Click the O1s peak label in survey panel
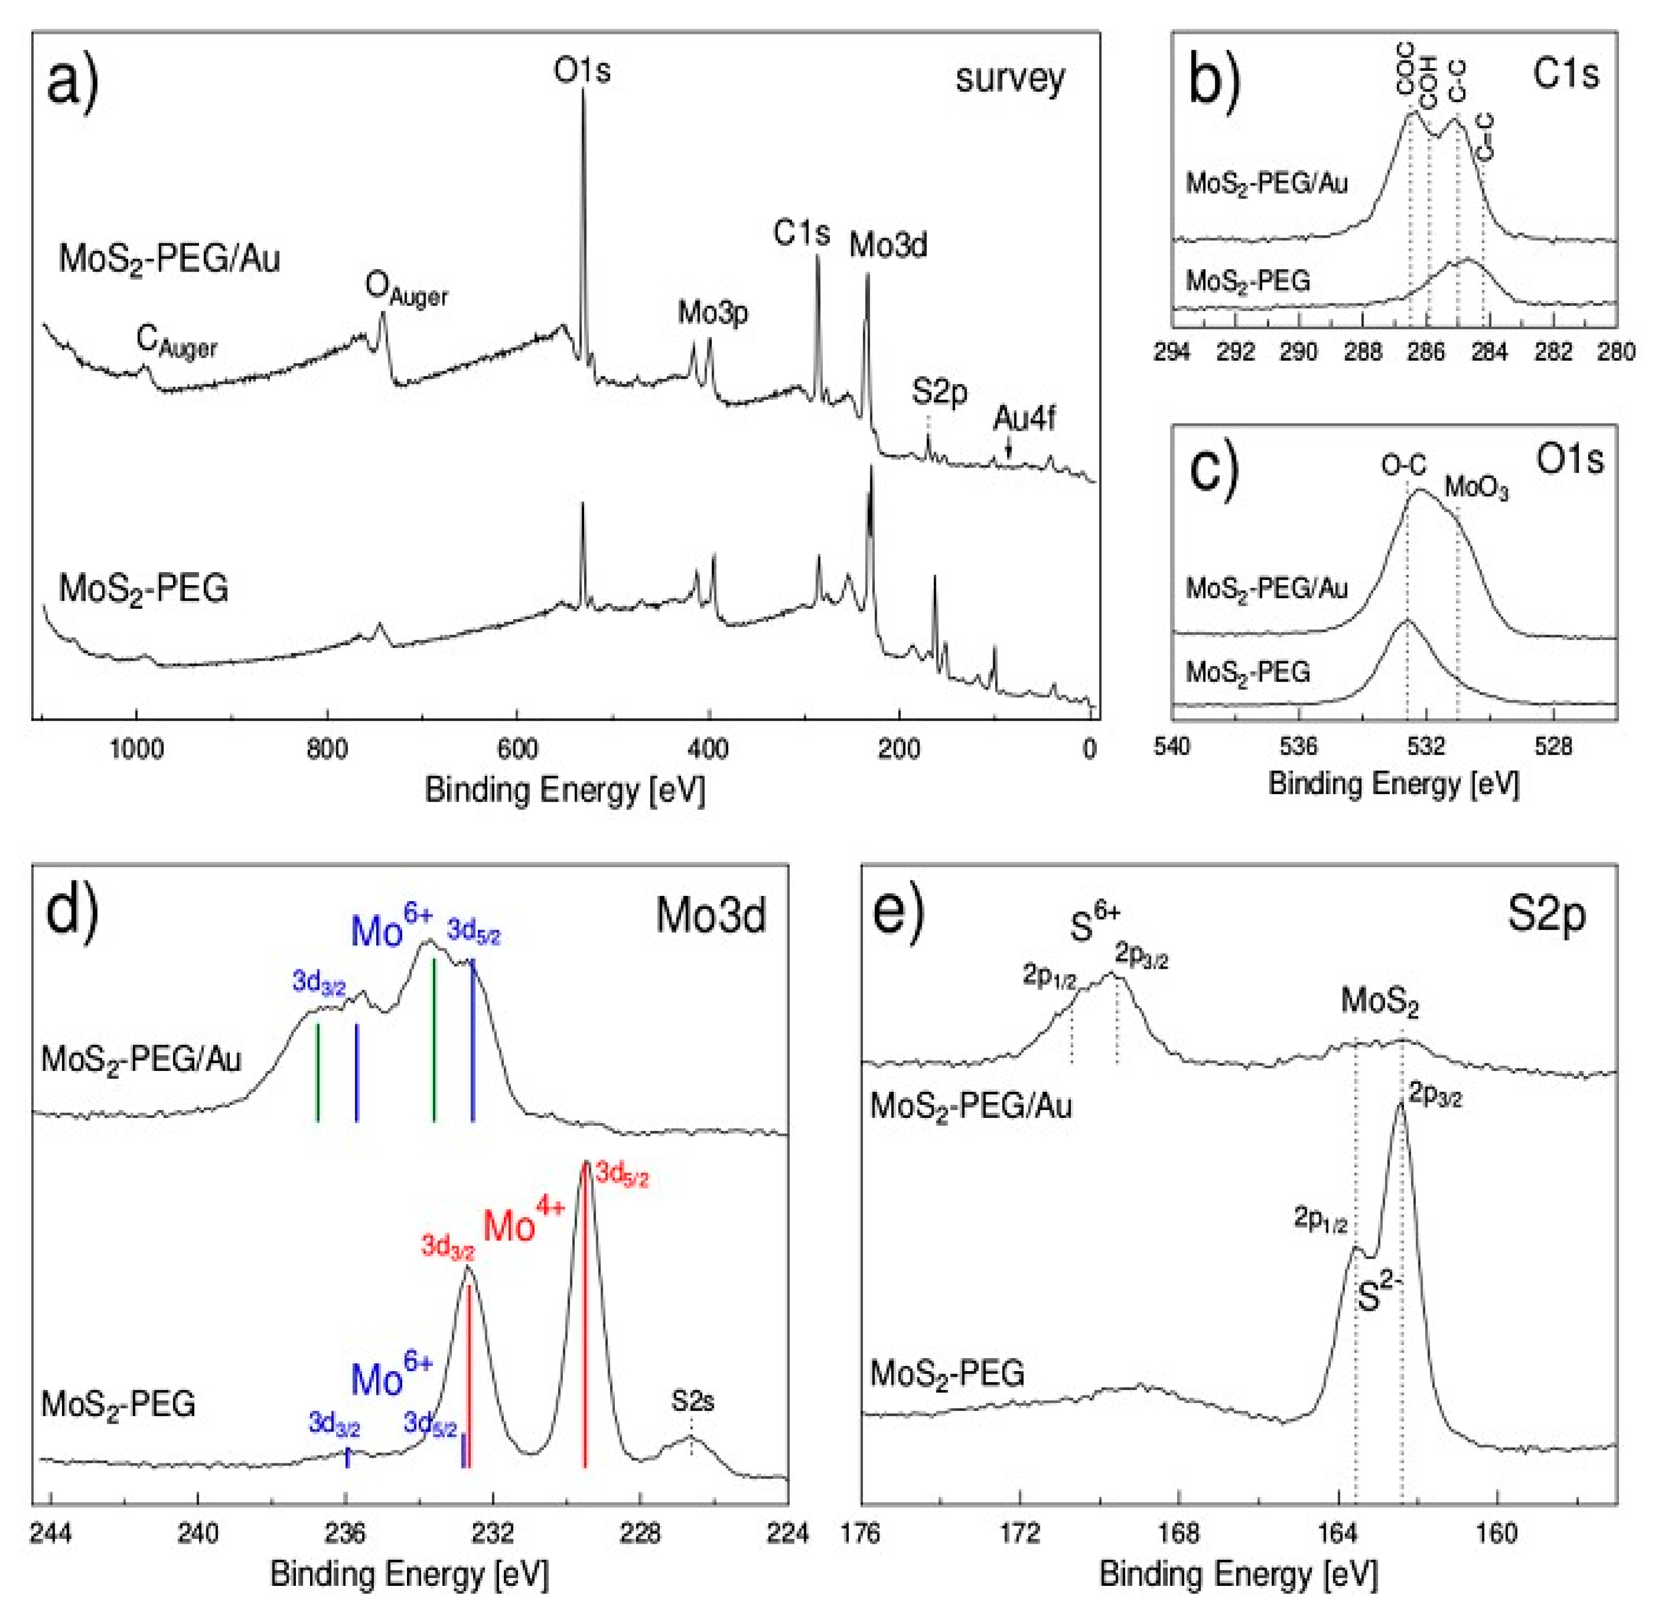[x=582, y=70]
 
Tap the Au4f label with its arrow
[x=1024, y=420]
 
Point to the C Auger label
[x=176, y=342]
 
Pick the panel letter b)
[x=1215, y=79]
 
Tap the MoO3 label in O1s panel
[x=1477, y=488]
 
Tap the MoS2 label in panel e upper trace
[x=1379, y=1003]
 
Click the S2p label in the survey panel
[x=939, y=392]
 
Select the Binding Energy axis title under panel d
[x=410, y=1575]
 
